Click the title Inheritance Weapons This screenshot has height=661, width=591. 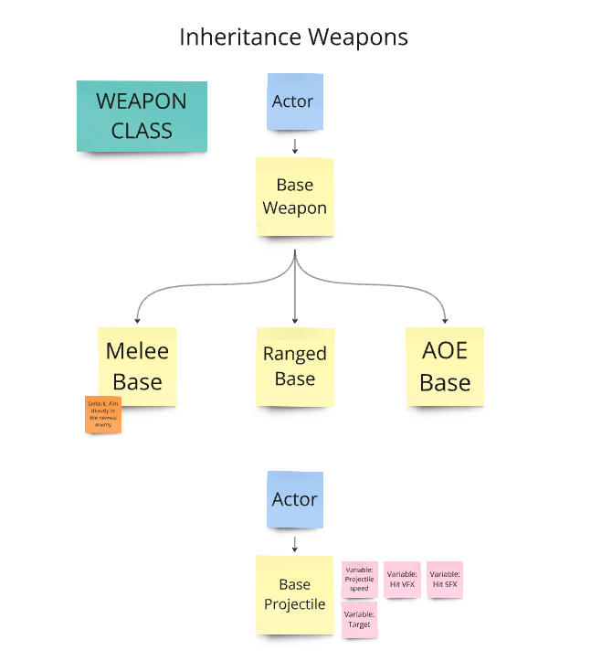(x=293, y=37)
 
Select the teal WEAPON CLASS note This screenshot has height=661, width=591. (x=142, y=116)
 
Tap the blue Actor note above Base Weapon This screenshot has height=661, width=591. (x=294, y=101)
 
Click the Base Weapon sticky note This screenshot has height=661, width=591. (x=294, y=197)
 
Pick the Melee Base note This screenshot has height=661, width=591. (x=137, y=366)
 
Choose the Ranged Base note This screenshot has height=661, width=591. (x=294, y=366)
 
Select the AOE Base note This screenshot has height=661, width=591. (x=445, y=366)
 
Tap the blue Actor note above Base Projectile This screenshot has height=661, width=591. (x=294, y=499)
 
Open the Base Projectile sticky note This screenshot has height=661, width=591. (x=294, y=594)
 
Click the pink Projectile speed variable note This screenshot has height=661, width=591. (x=359, y=580)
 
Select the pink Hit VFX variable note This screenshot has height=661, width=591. (x=402, y=579)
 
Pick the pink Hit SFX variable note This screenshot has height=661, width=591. (x=445, y=579)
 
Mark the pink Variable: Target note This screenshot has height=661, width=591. (x=359, y=620)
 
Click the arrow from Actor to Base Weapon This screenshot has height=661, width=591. (x=294, y=145)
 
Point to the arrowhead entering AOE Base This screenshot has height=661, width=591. (x=446, y=320)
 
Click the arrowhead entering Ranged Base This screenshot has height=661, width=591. (x=294, y=320)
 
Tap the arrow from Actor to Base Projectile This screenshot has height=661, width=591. (x=294, y=544)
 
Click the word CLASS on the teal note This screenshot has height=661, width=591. (x=142, y=130)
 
